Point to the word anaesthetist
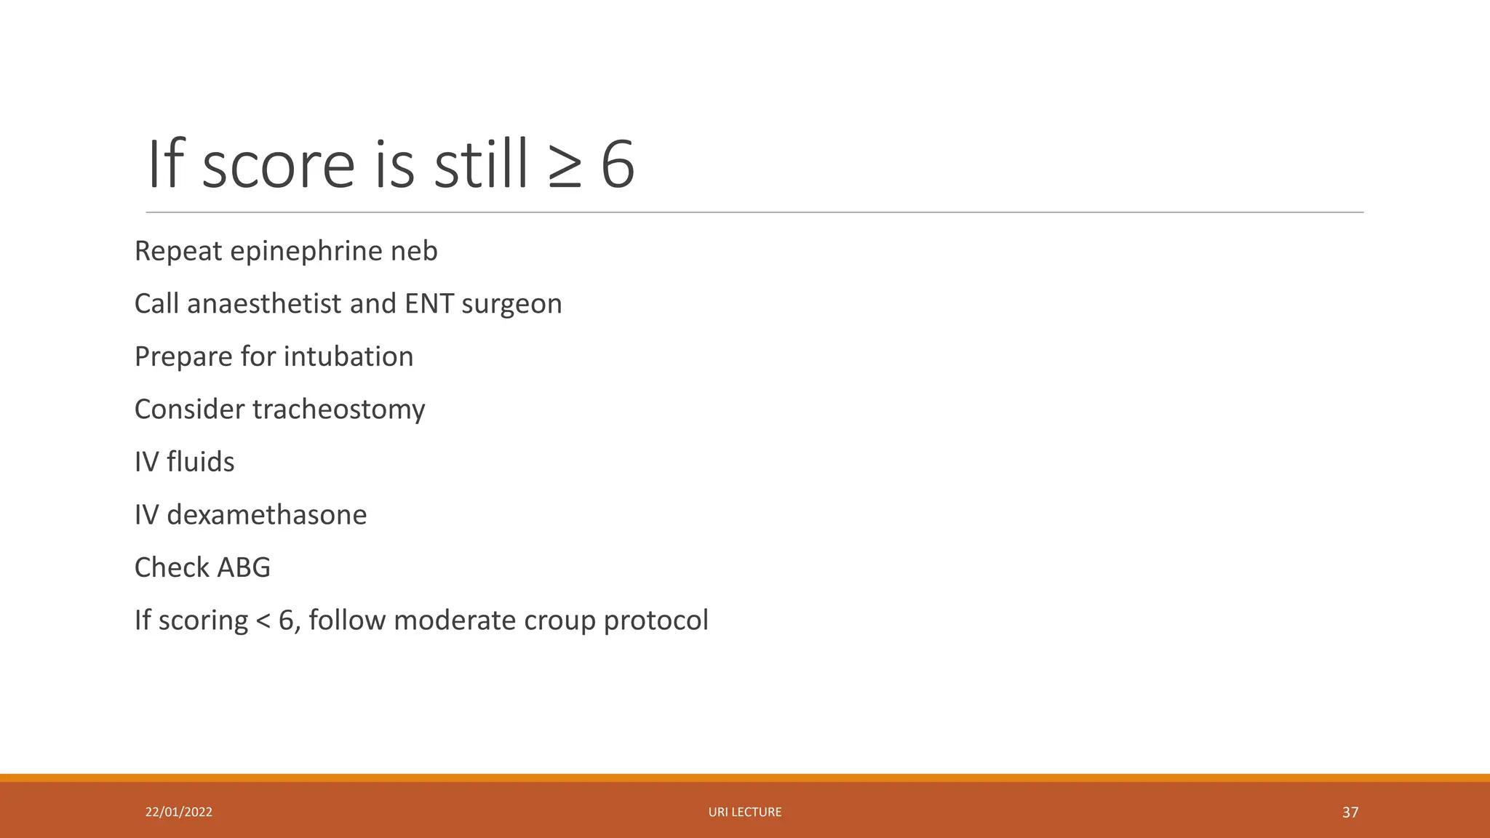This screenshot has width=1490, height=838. [x=263, y=304]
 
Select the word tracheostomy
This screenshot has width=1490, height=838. [x=338, y=410]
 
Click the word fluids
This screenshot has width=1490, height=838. [x=200, y=463]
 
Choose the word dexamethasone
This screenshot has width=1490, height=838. [x=266, y=516]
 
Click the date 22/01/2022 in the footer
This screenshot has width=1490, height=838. [x=179, y=813]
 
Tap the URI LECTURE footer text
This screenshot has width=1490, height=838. [x=745, y=813]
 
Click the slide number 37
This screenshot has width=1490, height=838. [x=1350, y=813]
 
